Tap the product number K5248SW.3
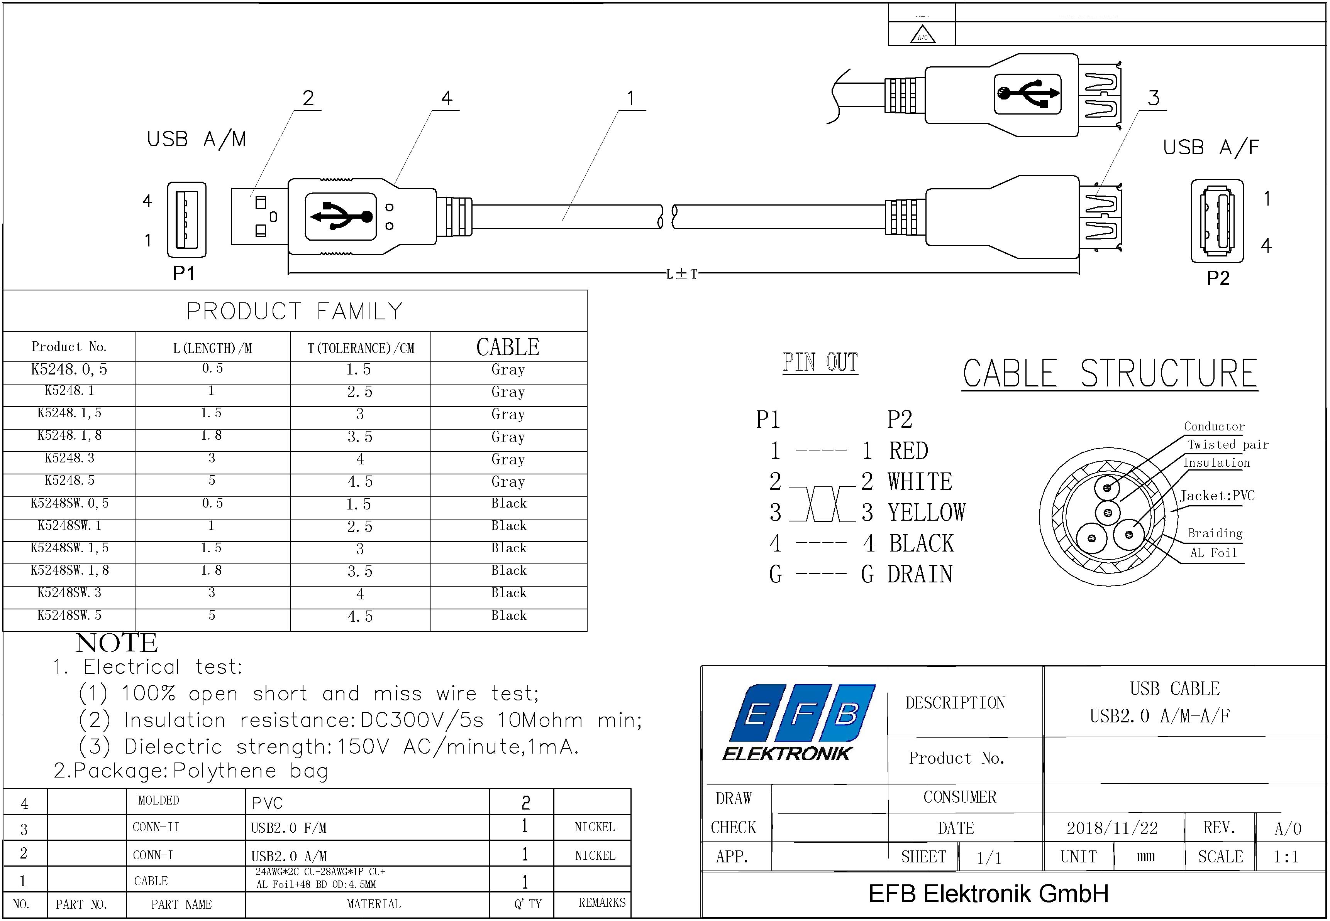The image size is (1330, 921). tap(69, 593)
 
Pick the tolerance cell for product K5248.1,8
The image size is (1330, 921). tap(360, 437)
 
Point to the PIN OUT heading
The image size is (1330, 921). tap(820, 363)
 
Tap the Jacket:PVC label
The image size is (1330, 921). tap(1217, 496)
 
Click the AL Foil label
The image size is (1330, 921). tap(1213, 553)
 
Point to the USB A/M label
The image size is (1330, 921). tap(197, 140)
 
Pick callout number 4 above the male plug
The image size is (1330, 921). tap(446, 98)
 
